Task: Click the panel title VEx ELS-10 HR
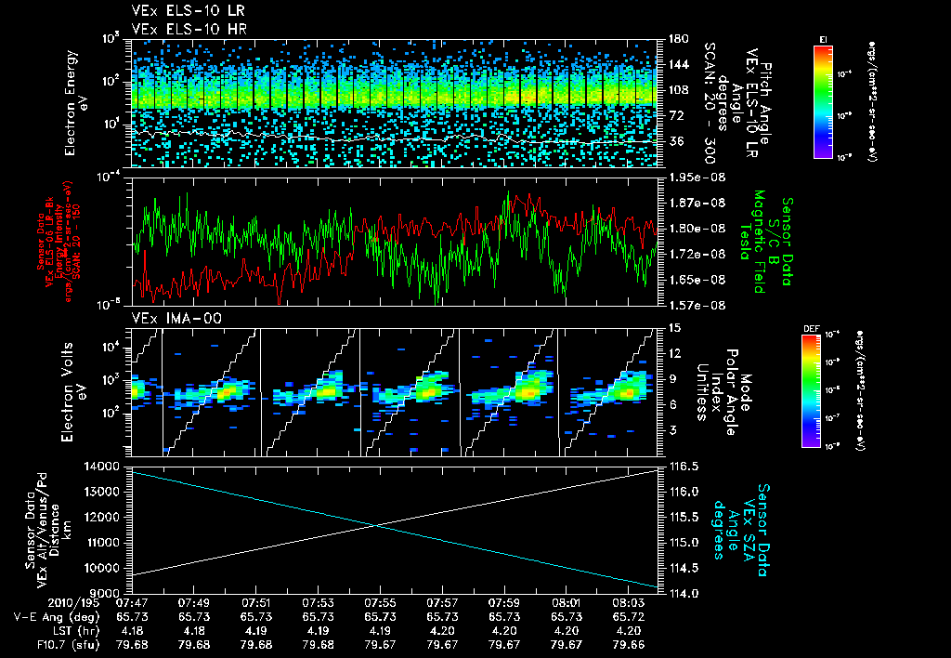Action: (177, 29)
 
